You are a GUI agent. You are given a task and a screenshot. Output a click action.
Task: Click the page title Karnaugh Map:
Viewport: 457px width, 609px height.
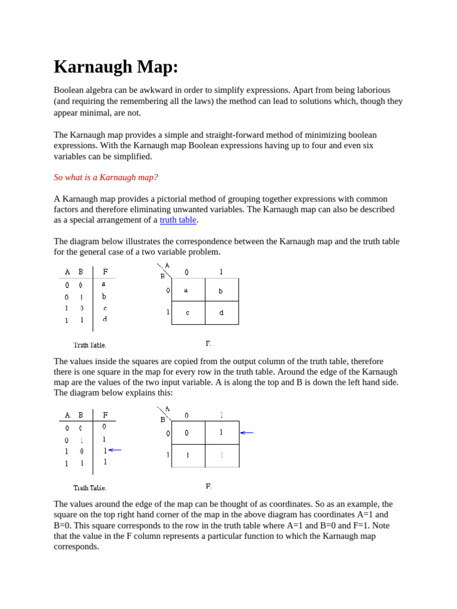coord(116,67)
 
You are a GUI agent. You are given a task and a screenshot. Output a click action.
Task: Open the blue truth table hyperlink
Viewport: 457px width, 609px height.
coord(178,220)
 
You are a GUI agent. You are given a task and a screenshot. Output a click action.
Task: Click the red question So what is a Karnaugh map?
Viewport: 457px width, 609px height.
coord(106,177)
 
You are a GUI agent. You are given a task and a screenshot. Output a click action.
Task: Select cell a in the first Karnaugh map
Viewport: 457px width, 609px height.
coord(188,290)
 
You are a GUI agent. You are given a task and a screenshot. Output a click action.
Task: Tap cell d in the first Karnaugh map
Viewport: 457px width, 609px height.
coord(221,313)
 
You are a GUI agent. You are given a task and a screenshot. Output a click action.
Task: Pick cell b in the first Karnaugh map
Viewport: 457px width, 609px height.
coord(221,290)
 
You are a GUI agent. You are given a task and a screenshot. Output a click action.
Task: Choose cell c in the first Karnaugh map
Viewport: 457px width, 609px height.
coord(188,313)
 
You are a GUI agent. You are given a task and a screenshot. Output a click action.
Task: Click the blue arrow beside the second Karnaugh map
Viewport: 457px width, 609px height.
coord(246,433)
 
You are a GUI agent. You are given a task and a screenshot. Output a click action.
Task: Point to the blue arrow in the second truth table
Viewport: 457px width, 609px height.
coord(115,450)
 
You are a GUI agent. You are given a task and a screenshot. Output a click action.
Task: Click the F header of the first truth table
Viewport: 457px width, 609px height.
coord(105,272)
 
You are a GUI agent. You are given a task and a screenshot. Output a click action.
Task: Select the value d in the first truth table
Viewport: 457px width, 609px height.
coord(105,319)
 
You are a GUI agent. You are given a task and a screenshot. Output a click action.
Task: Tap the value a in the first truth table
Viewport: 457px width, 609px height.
coord(104,284)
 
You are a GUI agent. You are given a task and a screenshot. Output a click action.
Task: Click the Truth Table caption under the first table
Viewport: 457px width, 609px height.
coord(90,345)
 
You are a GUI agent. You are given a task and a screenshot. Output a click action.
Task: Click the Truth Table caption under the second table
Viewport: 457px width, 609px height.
coord(90,488)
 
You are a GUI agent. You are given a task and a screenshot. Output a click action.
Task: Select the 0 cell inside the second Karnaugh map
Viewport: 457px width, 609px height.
coord(187,433)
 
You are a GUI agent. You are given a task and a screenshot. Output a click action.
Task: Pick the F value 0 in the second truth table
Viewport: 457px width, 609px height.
coord(105,426)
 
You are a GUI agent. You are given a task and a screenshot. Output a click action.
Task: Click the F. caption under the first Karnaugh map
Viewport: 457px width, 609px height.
coord(208,344)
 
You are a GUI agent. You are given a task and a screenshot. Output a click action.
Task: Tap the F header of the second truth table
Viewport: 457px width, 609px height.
coord(105,415)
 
